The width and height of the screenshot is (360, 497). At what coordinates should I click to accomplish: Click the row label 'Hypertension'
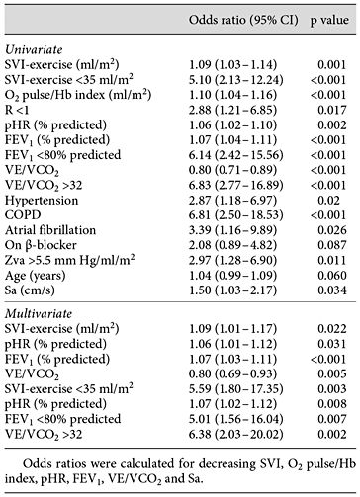click(54, 200)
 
